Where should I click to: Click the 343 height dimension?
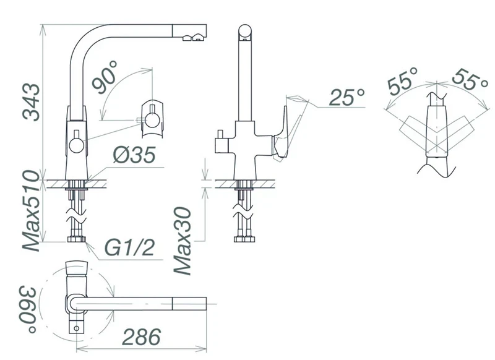click(32, 102)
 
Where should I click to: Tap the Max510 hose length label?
click(32, 211)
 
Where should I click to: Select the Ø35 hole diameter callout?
click(135, 155)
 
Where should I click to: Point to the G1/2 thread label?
click(129, 247)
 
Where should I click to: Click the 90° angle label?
click(105, 77)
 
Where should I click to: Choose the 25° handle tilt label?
click(347, 97)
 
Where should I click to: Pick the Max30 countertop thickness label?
click(183, 241)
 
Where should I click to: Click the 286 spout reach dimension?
click(142, 336)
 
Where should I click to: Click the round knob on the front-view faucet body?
click(77, 146)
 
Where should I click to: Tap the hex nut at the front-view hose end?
click(77, 239)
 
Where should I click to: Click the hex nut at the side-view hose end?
click(244, 239)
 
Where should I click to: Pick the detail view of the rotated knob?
click(152, 119)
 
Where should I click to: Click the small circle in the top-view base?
click(76, 328)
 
